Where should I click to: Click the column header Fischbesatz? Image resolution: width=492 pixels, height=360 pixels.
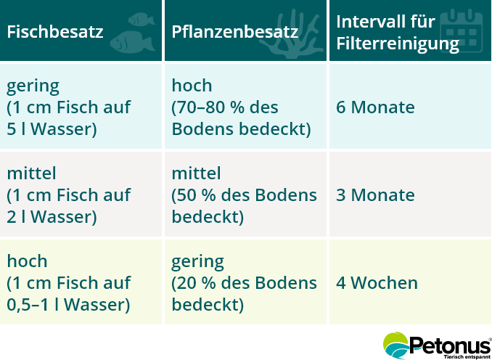point(54,32)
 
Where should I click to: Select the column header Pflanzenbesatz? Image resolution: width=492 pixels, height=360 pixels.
point(234,32)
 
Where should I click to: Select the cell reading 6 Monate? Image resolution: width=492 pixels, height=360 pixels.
point(375,107)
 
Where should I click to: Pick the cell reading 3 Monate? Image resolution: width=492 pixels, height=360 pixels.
point(375,195)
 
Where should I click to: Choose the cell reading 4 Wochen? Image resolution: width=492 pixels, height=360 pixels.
point(377,283)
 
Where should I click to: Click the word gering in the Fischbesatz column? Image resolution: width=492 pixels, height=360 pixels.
point(33,86)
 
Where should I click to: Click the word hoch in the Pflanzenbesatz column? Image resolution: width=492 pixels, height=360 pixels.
point(192,86)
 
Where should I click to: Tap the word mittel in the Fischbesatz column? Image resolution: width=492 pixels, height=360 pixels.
point(32,174)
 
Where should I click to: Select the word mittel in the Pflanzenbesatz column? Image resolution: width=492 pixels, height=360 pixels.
point(196,174)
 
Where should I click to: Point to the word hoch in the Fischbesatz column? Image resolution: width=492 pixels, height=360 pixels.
point(27,261)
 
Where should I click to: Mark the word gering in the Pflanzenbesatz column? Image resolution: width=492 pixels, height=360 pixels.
point(197,261)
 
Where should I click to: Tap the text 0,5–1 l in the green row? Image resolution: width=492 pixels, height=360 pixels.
point(34,304)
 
